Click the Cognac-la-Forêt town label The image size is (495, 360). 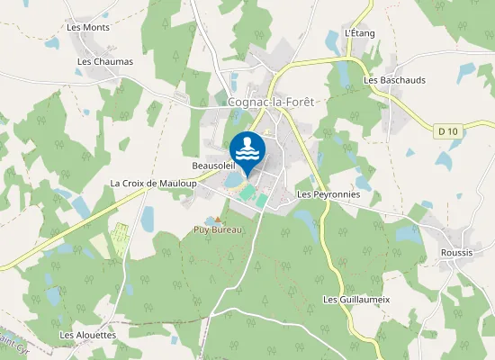[x=271, y=103]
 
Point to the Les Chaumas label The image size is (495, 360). [x=105, y=62]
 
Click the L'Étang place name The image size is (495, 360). [x=360, y=33]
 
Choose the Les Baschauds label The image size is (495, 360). [x=394, y=80]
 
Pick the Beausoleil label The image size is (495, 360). [x=213, y=166]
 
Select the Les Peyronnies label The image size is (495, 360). [x=328, y=194]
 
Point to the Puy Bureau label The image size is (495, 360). [x=220, y=229]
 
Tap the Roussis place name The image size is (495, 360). [x=457, y=253]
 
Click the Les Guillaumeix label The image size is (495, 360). [x=355, y=299]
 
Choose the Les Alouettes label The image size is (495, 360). [x=88, y=335]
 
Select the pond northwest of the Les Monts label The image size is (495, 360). [x=52, y=42]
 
